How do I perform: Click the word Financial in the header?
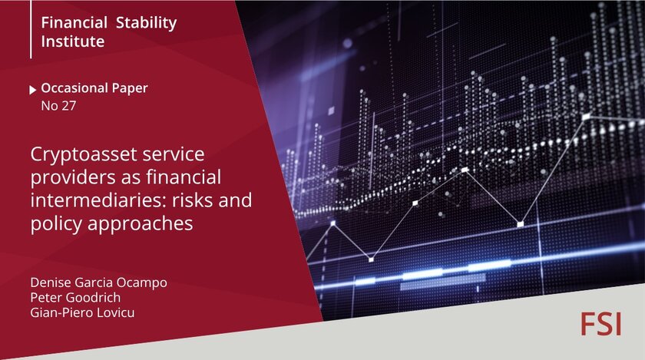coord(74,22)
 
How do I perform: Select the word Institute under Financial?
coord(73,41)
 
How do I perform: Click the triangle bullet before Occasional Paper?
coord(33,90)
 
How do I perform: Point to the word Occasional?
coord(74,88)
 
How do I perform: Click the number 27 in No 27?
coord(68,106)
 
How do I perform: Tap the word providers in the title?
coord(73,178)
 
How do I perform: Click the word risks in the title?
coord(192,200)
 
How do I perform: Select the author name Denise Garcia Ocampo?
coord(99,282)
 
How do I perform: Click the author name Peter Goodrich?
coord(76,298)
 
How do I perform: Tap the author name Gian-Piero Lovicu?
coord(82,312)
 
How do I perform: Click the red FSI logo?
coord(600,324)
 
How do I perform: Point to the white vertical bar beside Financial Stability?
coord(31,29)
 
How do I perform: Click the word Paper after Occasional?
coord(130,88)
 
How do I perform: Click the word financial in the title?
coord(184,177)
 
